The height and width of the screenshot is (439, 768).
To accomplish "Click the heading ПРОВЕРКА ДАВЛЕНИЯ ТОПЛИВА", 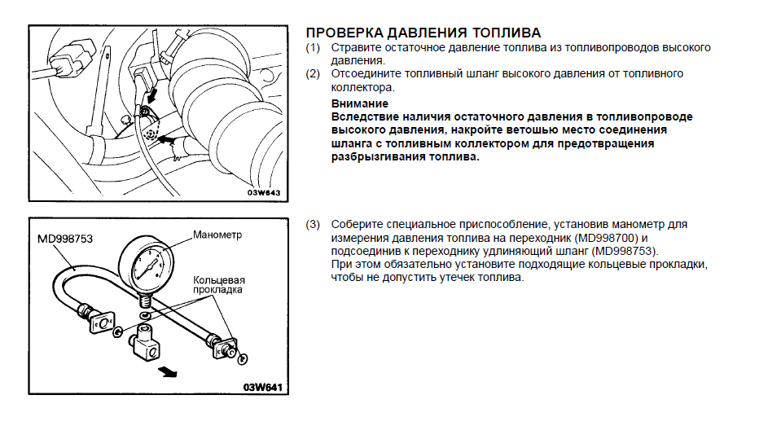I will pyautogui.click(x=423, y=33).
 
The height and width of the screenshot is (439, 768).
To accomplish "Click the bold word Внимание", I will pyautogui.click(x=360, y=103).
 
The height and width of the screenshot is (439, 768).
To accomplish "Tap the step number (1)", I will pyautogui.click(x=314, y=48).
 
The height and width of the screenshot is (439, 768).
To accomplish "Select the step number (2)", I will pyautogui.click(x=314, y=73).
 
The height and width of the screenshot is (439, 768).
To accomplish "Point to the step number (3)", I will pyautogui.click(x=314, y=224).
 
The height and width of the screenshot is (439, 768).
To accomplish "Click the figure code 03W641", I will pyautogui.click(x=261, y=386).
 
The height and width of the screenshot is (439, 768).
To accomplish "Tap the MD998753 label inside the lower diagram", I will pyautogui.click(x=65, y=239).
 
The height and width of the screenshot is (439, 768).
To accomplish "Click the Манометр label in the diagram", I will pyautogui.click(x=219, y=235).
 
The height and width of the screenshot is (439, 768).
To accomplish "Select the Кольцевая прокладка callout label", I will pyautogui.click(x=218, y=284).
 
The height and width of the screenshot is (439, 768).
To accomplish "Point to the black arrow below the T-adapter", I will pyautogui.click(x=169, y=371).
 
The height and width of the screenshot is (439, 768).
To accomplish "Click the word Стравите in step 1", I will pyautogui.click(x=355, y=48).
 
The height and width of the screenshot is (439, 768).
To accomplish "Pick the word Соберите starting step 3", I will pyautogui.click(x=355, y=224).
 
